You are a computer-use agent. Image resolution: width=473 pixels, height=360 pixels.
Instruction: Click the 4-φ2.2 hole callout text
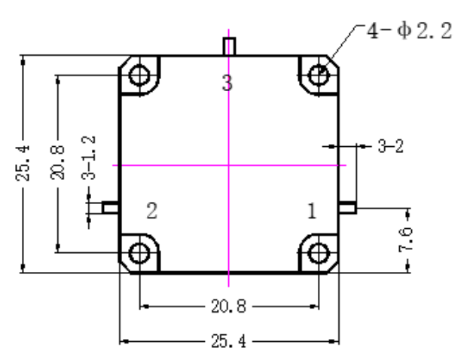point(409,30)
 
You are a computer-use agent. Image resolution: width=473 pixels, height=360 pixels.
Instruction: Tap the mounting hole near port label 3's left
point(139,75)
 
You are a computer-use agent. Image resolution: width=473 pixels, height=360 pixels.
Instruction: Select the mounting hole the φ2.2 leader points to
point(319,75)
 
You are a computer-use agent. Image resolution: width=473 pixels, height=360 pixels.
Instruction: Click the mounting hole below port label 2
point(139,253)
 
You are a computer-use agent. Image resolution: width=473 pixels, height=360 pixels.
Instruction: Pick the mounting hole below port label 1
point(319,253)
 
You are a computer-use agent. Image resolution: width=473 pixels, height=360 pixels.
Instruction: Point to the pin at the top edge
point(229,46)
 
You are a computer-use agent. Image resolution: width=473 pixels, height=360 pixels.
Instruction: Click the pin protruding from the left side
point(110,208)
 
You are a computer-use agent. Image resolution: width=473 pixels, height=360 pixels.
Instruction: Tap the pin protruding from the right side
point(347,208)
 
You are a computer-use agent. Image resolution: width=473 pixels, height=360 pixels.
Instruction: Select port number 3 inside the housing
point(227,83)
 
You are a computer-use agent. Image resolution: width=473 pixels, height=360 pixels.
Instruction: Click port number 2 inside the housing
point(151,210)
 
